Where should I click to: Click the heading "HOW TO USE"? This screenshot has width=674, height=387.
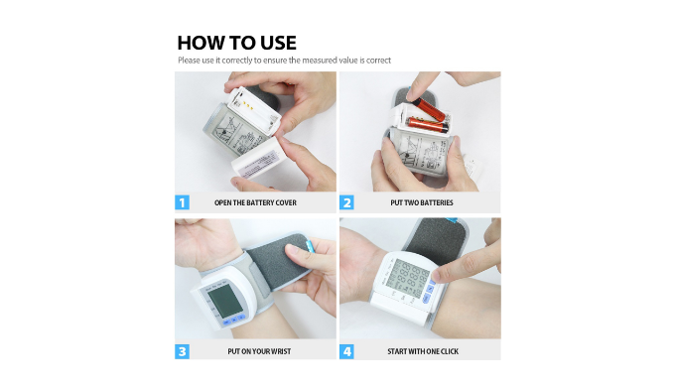236,43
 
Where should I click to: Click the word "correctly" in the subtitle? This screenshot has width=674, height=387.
237,61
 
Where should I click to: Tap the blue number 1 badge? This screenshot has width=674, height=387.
183,202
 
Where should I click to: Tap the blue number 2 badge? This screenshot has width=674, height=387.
346,202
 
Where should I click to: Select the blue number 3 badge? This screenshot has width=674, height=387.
183,351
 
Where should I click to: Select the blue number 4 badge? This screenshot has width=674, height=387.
346,351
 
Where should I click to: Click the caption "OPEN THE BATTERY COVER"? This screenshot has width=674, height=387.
255,202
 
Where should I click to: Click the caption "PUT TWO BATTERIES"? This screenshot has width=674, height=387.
422,202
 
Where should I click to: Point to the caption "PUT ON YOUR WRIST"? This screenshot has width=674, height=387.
259,351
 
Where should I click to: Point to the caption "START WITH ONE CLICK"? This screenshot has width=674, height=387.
423,351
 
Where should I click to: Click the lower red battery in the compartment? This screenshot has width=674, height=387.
428,124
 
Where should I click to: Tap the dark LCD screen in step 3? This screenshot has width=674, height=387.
224,301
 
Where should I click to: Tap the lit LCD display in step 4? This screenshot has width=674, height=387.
407,279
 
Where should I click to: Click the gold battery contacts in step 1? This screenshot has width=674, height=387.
247,104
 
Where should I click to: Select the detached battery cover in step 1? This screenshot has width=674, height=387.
259,159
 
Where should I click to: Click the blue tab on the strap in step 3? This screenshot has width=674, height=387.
309,247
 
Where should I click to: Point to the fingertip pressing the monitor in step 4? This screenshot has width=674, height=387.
438,274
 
